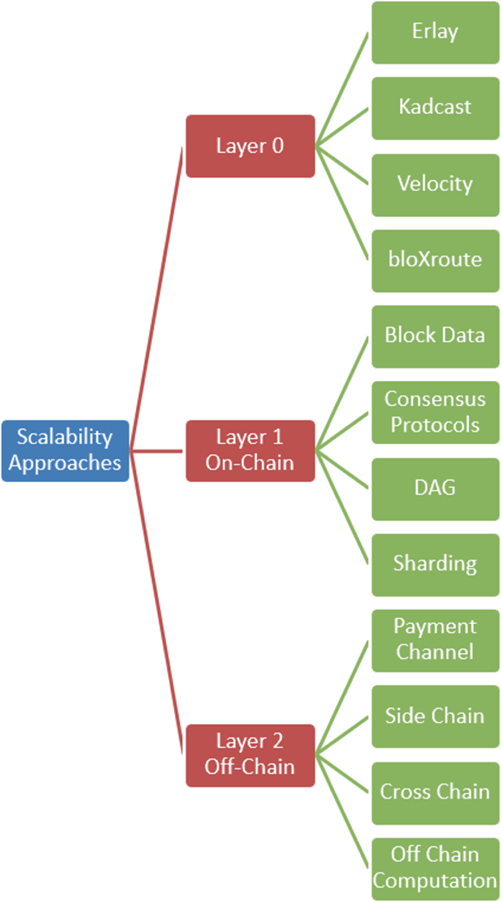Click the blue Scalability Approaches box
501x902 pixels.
point(65,450)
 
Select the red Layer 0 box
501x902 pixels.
point(250,146)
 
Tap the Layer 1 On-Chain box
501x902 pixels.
point(250,450)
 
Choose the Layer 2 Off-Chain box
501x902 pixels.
point(250,755)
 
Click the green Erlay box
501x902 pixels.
point(435,32)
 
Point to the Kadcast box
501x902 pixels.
point(435,108)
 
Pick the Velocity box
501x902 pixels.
point(435,184)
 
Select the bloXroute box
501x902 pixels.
point(435,260)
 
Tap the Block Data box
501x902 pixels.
point(435,337)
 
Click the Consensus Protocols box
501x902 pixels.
point(435,413)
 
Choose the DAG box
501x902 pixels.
point(435,489)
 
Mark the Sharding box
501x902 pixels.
point(435,565)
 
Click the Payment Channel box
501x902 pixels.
point(435,640)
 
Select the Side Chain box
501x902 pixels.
point(435,716)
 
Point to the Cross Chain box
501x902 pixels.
point(435,792)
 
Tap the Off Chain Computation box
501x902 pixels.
point(435,868)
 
